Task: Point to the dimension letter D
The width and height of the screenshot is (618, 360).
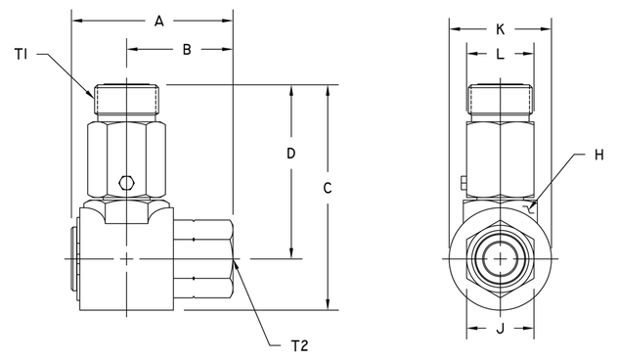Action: click(291, 154)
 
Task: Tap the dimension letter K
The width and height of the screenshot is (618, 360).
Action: click(499, 30)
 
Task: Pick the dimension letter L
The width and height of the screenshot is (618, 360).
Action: click(500, 56)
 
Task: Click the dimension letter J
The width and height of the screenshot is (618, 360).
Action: click(500, 329)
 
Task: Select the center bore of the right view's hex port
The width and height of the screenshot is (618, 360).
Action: click(500, 258)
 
